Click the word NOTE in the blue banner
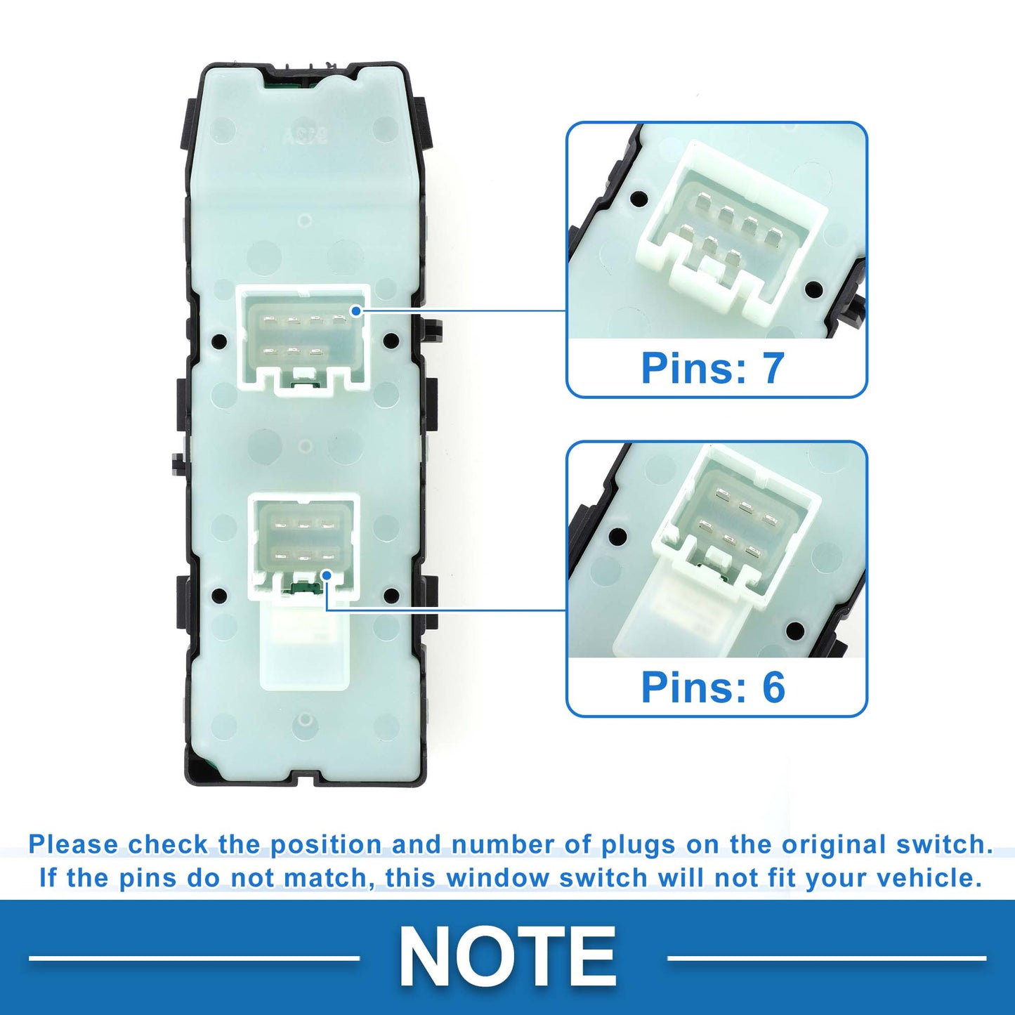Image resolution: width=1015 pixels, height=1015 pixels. point(507,956)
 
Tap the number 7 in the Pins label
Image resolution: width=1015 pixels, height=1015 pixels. point(773,367)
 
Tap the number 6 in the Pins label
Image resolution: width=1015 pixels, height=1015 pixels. point(773,687)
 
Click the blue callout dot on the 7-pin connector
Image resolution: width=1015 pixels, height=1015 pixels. point(356,311)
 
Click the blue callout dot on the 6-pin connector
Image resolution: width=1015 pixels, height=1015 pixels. point(327,575)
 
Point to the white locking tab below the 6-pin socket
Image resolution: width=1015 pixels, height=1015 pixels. point(305,645)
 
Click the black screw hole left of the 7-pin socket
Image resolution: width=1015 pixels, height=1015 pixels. point(219,340)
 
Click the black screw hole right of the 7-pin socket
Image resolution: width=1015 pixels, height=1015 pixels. point(391,340)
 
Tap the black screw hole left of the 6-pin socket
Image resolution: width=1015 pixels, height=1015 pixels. point(219,596)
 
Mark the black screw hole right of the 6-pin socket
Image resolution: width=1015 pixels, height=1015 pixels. point(391,596)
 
